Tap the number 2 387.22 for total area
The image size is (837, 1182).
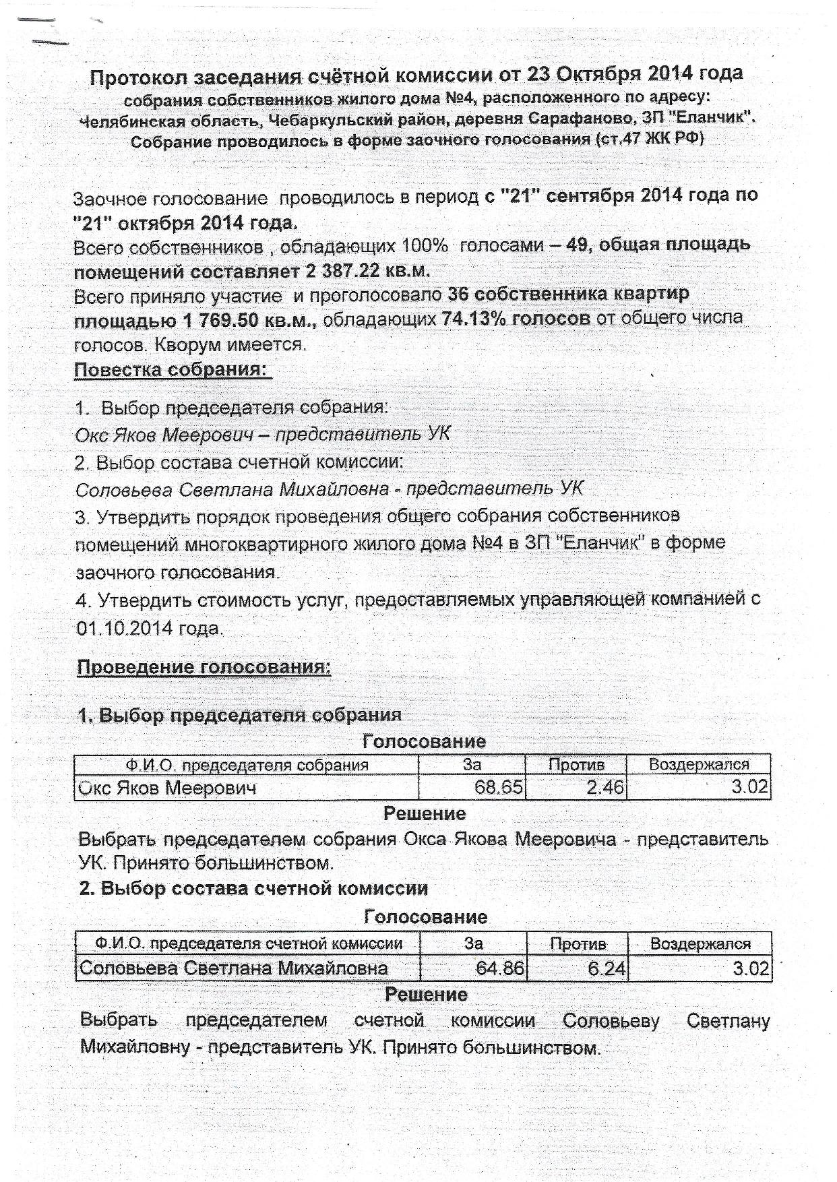click(343, 272)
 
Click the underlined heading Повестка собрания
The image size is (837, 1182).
click(172, 370)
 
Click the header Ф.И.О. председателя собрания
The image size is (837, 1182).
click(247, 765)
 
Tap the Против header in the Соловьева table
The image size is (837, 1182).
click(578, 944)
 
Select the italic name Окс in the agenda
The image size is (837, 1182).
click(90, 435)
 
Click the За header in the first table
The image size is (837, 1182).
click(472, 765)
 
